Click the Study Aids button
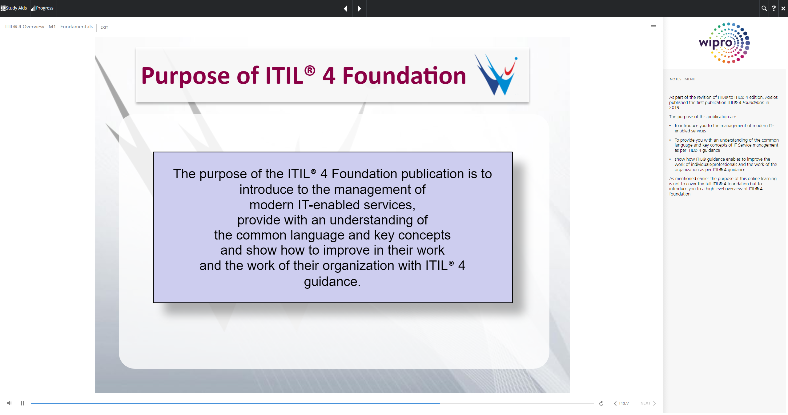coord(14,8)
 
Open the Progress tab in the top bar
coord(42,8)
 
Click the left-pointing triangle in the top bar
coord(346,8)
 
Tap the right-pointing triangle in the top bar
coord(359,8)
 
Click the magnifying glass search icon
coord(764,8)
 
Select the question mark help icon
coord(774,8)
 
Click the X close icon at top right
coord(783,8)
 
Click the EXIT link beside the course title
coord(104,27)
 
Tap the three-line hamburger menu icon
coord(653,27)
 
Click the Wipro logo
coord(724,43)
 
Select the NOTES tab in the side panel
coord(675,79)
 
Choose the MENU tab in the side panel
coord(690,79)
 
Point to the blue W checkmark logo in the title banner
coord(496,75)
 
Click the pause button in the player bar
coord(22,403)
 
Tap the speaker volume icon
coord(10,403)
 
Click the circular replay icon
coord(601,403)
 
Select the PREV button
coord(621,403)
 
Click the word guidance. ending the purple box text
coord(332,282)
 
